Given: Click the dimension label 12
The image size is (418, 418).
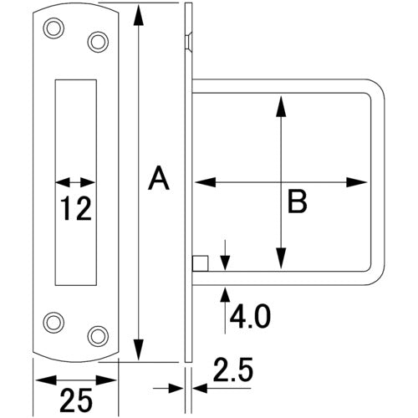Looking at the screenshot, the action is (x=76, y=208).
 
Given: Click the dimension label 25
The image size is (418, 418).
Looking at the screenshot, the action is (x=76, y=400).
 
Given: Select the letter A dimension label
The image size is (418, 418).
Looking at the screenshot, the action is (x=159, y=177).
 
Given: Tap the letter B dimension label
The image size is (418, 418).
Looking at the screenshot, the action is (x=297, y=201).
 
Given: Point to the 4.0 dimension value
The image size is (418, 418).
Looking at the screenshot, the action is (x=250, y=316).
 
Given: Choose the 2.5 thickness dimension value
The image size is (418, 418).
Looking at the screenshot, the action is (x=233, y=370).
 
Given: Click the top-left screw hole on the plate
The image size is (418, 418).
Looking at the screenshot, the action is (x=54, y=28).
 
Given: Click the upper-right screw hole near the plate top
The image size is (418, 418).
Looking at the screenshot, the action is (x=98, y=42).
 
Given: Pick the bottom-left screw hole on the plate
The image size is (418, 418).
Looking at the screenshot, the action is (x=54, y=323).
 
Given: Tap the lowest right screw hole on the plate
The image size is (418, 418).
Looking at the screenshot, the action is (x=98, y=336).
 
